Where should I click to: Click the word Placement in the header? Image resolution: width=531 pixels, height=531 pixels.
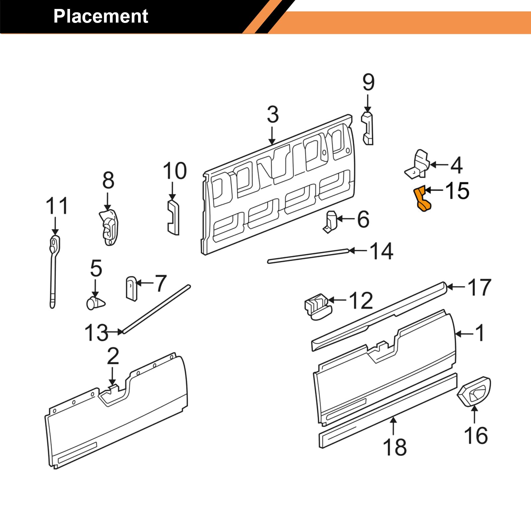coord(101,16)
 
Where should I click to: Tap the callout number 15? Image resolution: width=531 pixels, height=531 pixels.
coord(457,191)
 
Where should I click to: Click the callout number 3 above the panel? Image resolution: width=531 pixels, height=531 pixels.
coord(273,114)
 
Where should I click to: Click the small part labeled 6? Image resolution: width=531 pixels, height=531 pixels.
coord(331,221)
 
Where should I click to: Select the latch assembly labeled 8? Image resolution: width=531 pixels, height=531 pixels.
coord(109,227)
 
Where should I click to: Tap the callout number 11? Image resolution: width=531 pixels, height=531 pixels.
coord(57,206)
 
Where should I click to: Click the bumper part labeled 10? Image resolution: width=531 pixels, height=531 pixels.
coord(173,217)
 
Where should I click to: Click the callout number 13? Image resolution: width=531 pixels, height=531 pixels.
coord(96,333)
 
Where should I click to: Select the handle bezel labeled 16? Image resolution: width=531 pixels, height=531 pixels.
coord(474,392)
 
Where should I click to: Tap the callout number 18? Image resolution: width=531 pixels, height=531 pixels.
coord(395,447)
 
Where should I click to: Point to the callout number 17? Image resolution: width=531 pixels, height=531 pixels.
coord(480,287)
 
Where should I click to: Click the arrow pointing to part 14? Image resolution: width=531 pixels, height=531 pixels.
coord(358,251)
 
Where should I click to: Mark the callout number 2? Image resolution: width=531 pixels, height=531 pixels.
coord(113,356)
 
